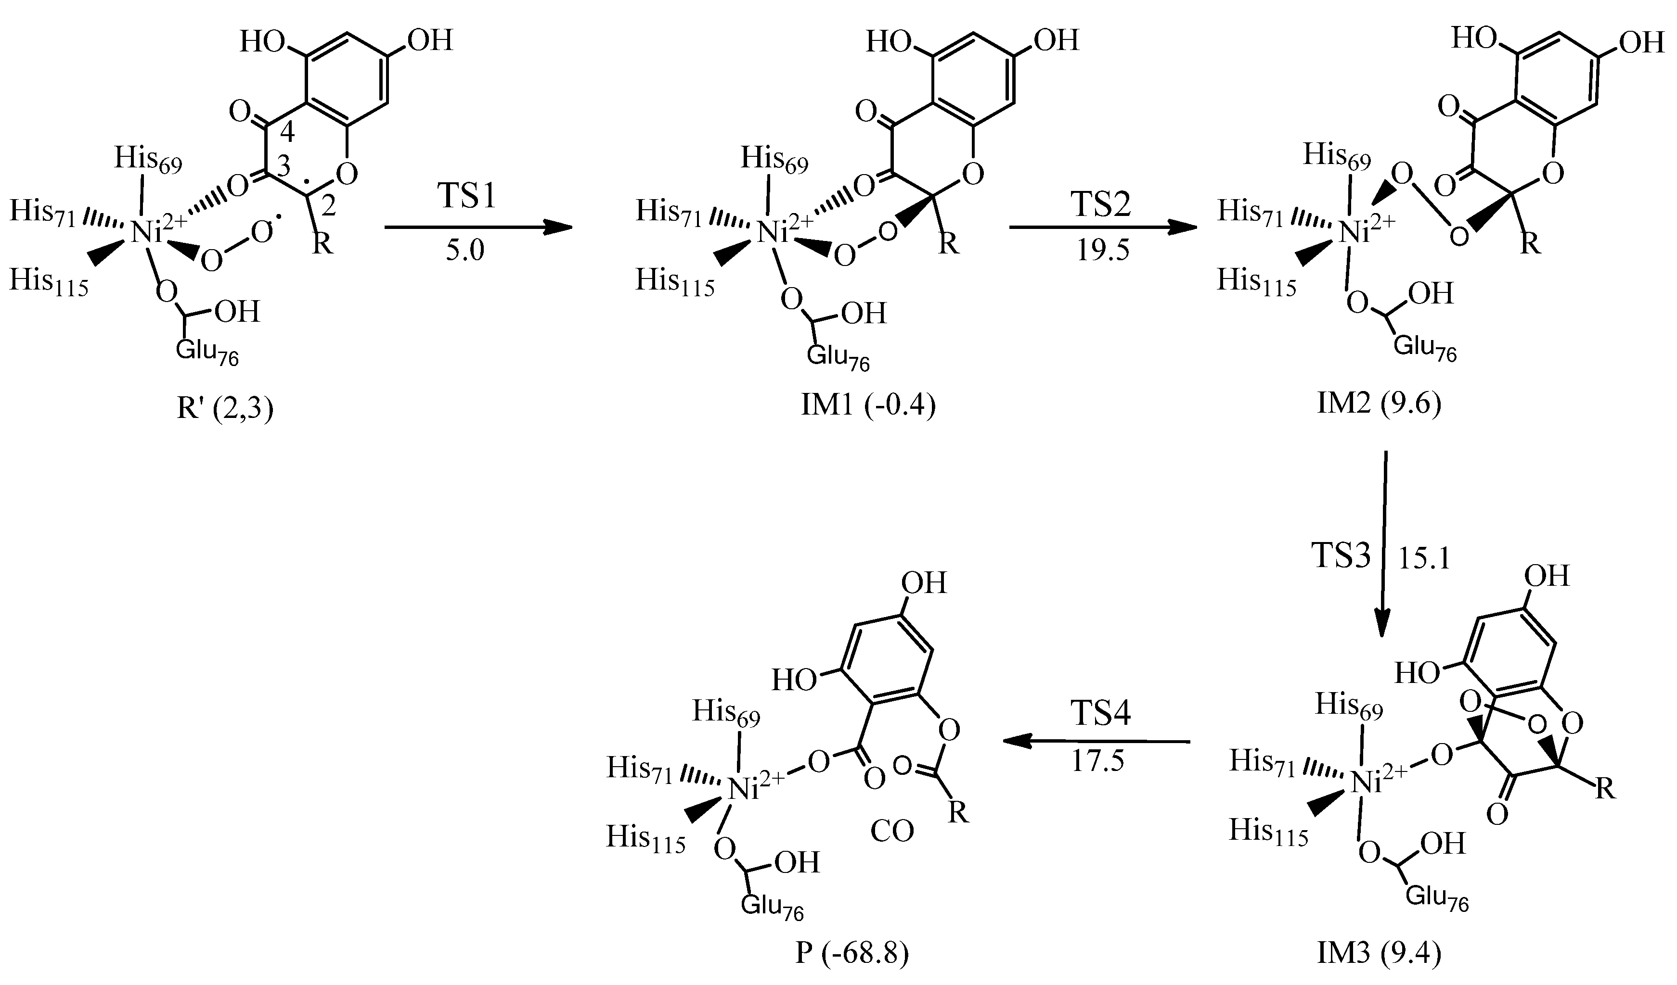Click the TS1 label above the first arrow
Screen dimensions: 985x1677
[x=466, y=197]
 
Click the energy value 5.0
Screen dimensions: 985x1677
[x=465, y=251]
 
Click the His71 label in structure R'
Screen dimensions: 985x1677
[x=42, y=213]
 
